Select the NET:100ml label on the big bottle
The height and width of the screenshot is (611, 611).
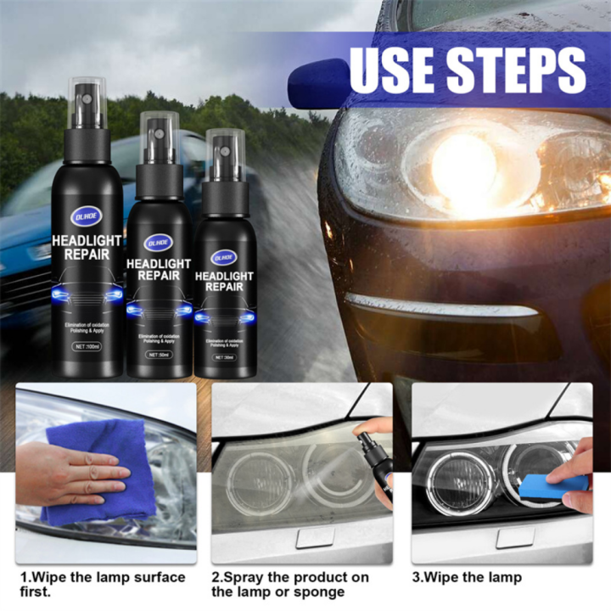tap(87, 345)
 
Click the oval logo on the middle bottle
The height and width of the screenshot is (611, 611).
tap(159, 242)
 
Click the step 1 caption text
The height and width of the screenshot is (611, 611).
tap(102, 584)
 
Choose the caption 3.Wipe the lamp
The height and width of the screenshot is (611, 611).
tap(467, 577)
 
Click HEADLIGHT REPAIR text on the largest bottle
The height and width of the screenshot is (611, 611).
tap(87, 249)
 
